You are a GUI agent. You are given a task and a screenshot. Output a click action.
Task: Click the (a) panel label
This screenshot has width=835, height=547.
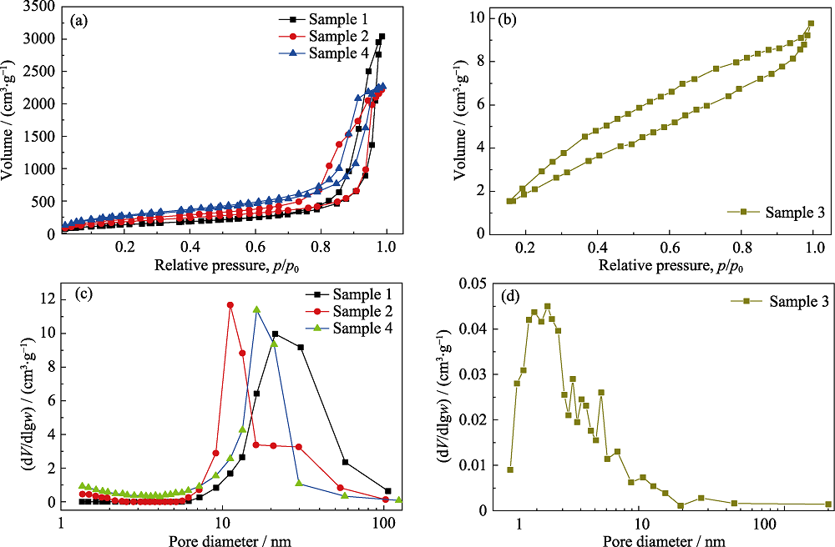[81, 18]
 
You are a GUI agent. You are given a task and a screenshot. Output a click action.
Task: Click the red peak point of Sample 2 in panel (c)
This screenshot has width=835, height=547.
[230, 305]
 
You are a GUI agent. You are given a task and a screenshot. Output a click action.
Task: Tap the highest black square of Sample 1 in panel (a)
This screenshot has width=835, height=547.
[382, 37]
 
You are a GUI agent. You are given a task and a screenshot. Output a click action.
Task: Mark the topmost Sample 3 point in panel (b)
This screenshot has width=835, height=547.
[811, 23]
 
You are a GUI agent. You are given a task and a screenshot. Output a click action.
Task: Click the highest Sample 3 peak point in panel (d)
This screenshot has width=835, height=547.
[548, 306]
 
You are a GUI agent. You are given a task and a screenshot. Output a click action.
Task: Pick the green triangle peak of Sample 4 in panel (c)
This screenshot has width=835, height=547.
[256, 310]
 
